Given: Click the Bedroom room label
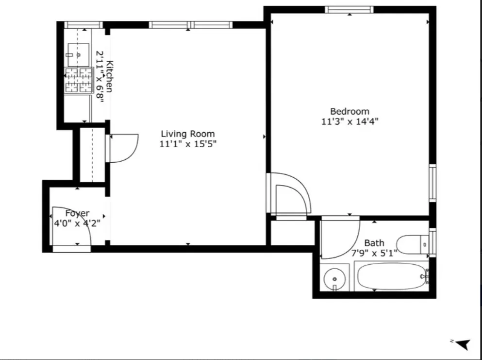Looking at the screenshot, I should (x=349, y=111).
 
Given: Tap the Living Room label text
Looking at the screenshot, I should (x=187, y=134).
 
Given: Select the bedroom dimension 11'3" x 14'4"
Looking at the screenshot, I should (x=349, y=122).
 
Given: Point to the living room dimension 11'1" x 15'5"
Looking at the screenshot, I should (x=187, y=144).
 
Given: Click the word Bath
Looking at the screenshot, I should (x=374, y=243).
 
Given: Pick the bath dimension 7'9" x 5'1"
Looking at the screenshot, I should (x=374, y=253).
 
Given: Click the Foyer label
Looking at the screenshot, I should (x=77, y=213).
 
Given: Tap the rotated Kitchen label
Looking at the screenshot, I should (x=110, y=76).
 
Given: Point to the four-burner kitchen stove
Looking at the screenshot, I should (x=79, y=80).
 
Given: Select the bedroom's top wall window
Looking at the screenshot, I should (x=349, y=9).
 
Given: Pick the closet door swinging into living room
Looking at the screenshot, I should (x=123, y=148).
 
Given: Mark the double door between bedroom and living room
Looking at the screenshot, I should (x=289, y=194).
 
